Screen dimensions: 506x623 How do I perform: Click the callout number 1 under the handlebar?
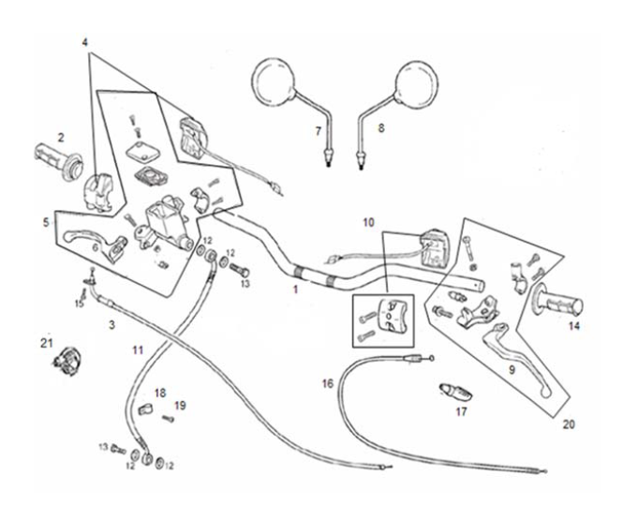tap(296, 291)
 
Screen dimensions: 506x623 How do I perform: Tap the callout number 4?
tap(85, 42)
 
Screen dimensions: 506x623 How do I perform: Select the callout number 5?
tap(46, 222)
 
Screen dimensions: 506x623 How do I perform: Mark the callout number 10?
tap(369, 222)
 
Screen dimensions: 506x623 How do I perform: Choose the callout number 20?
tap(568, 424)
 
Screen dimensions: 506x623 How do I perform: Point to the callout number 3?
tap(111, 324)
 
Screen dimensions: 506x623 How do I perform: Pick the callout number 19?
tap(181, 405)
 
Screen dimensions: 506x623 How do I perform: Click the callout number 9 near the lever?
tap(512, 369)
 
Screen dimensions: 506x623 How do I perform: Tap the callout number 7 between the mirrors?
tap(318, 130)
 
